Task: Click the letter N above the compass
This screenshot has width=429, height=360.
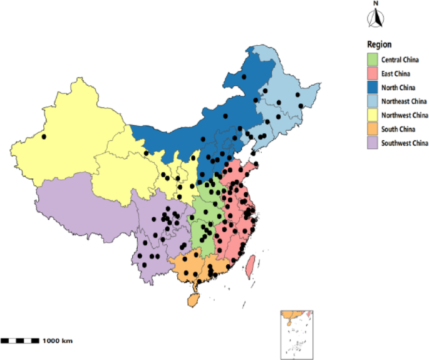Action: [376, 4]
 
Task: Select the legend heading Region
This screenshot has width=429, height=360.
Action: [380, 44]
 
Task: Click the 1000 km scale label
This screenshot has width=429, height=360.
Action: [58, 341]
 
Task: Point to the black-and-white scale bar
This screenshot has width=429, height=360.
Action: [20, 341]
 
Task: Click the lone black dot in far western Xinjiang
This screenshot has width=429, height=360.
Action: [44, 136]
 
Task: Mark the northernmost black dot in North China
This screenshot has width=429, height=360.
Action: [244, 76]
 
